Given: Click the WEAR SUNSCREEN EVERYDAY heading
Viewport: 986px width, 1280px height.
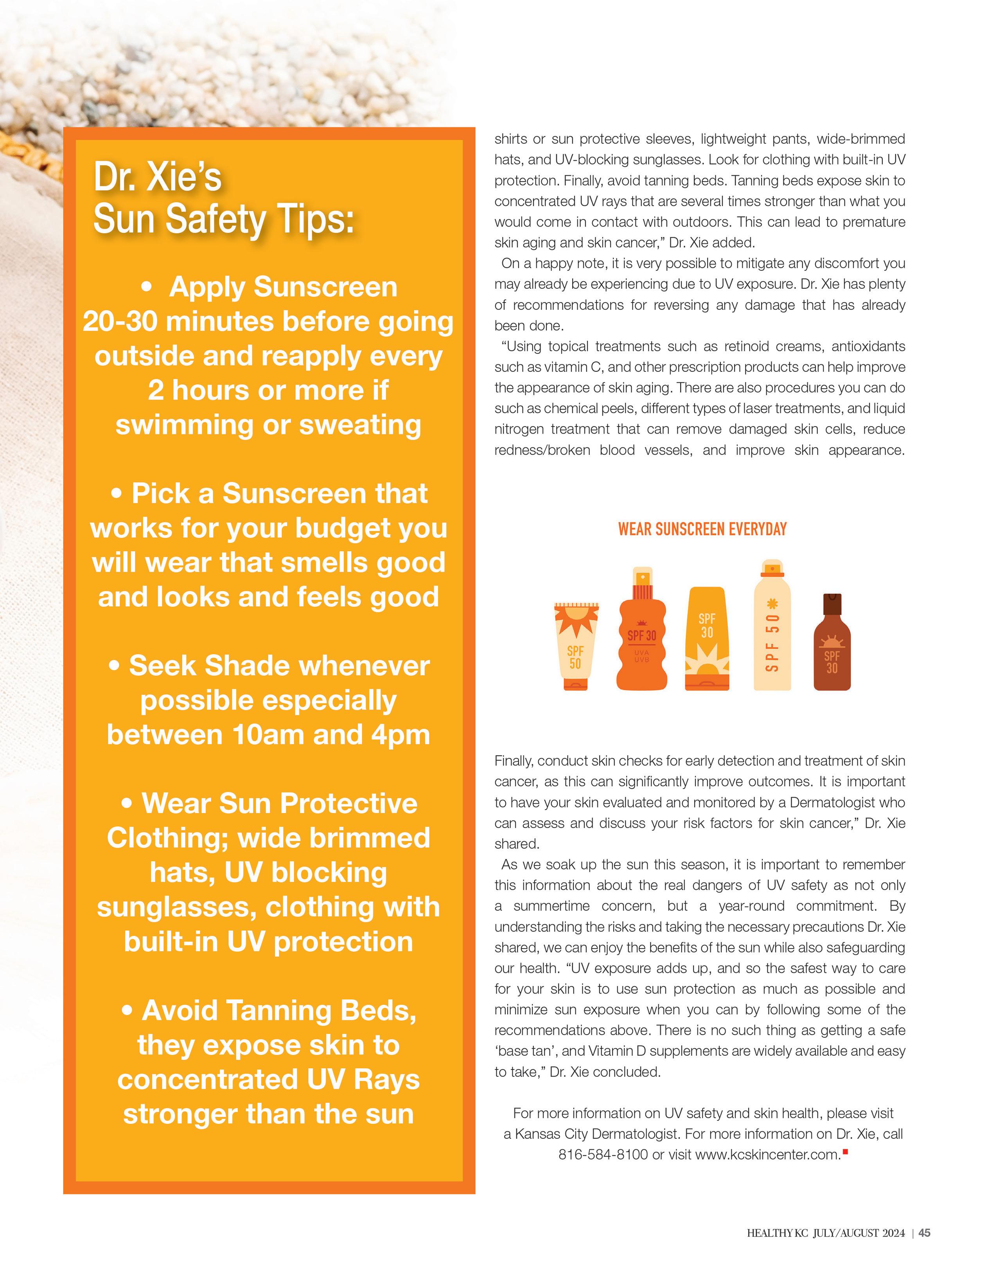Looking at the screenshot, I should [x=702, y=529].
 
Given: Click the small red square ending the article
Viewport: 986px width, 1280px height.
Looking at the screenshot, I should [x=845, y=1152].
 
